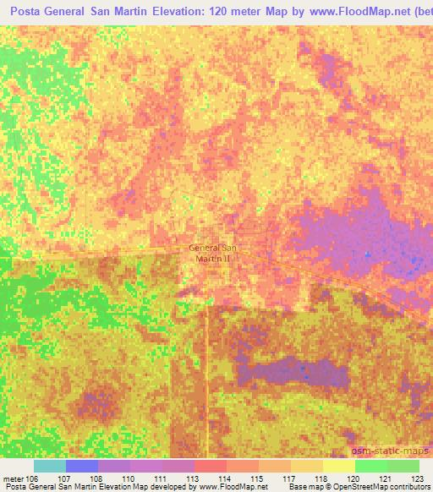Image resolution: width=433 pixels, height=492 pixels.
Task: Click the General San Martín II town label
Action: point(214,253)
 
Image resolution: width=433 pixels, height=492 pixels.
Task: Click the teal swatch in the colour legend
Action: point(50,466)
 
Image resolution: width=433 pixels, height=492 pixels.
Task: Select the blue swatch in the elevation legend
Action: point(82,466)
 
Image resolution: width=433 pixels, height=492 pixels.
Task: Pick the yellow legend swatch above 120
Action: point(339,466)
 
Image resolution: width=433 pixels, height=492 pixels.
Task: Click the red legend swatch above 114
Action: point(211,466)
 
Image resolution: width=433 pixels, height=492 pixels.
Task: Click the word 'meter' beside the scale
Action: point(14,478)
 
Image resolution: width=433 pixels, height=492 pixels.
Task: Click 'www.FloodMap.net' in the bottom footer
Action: point(233,487)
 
